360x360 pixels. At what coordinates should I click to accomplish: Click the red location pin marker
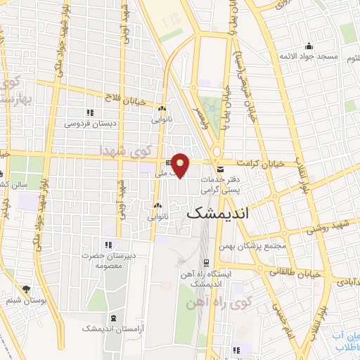(x=181, y=165)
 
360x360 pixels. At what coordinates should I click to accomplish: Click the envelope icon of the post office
(x=221, y=169)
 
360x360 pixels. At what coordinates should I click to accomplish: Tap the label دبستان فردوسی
(x=90, y=124)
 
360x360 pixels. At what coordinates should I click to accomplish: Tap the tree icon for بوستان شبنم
(x=27, y=288)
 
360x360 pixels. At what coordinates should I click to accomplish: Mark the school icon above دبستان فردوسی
(x=89, y=112)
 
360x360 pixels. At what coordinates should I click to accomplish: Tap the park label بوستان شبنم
(x=27, y=300)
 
